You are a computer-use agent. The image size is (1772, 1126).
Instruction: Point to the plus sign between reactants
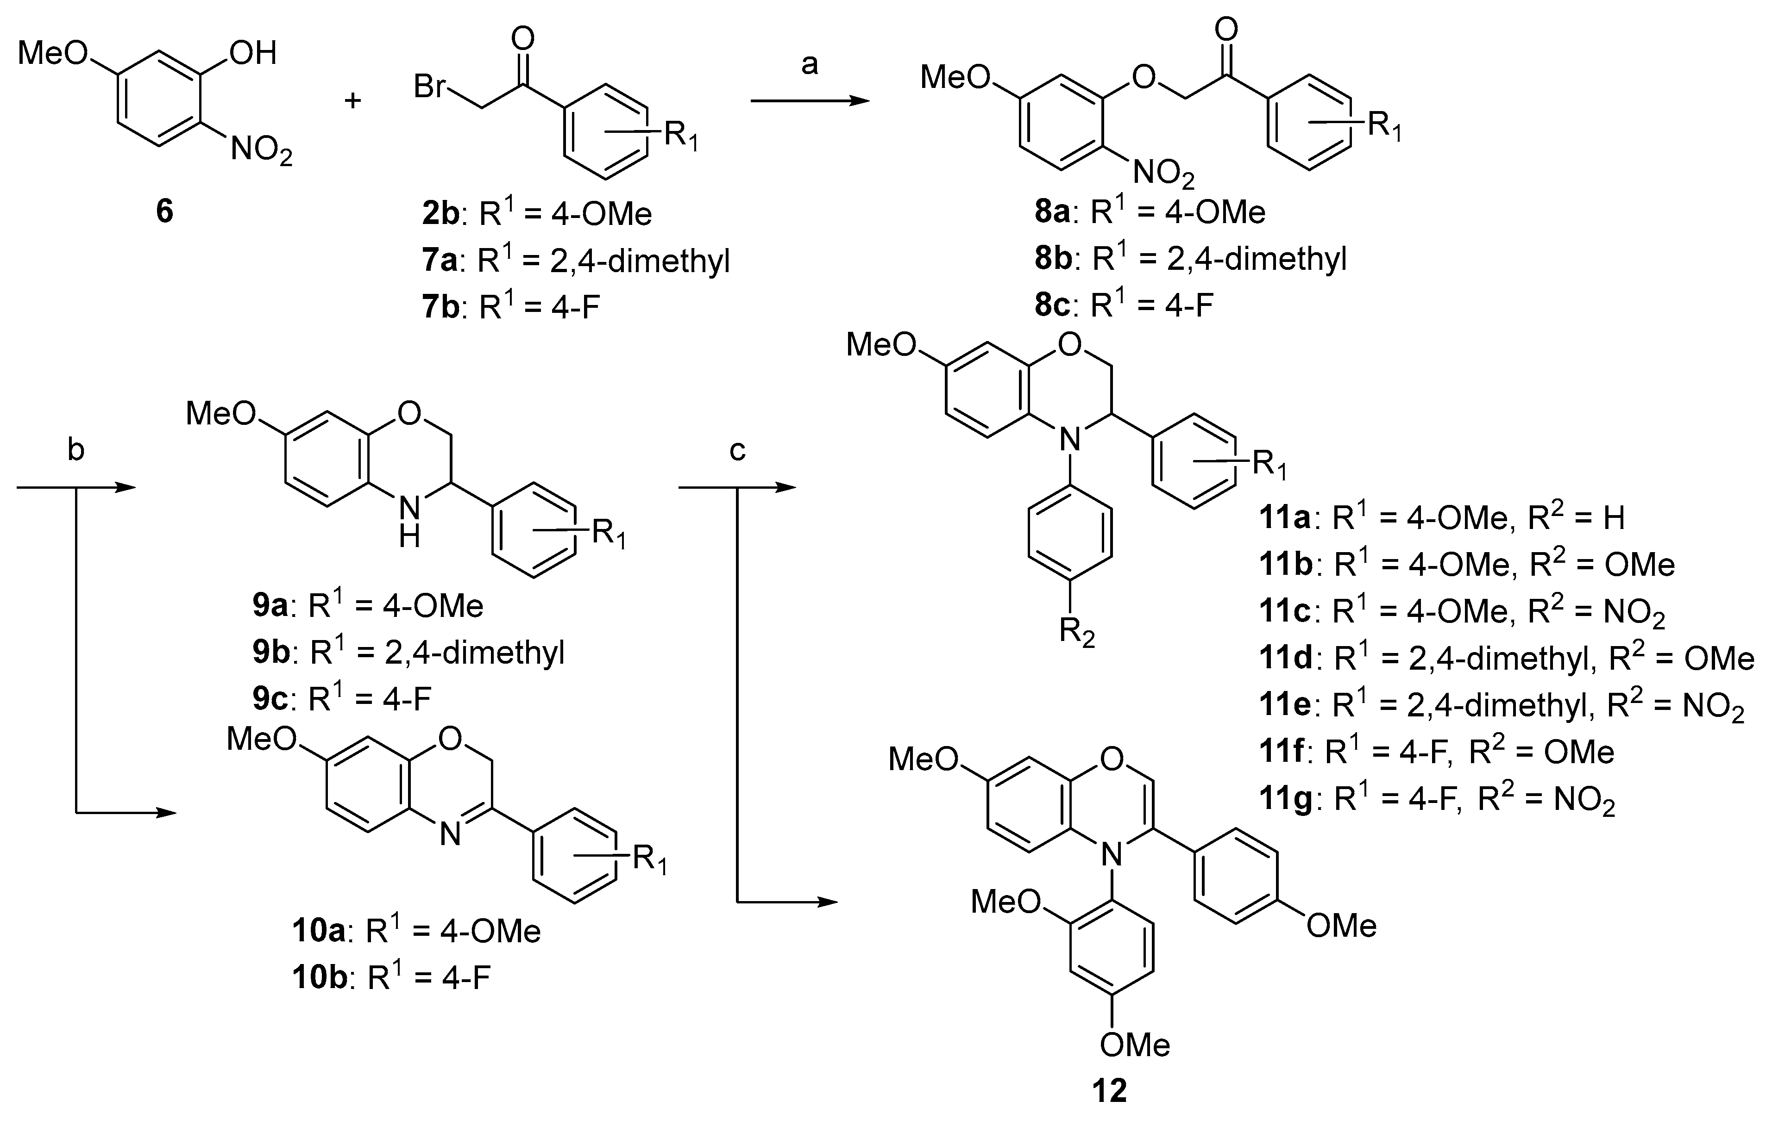tap(353, 100)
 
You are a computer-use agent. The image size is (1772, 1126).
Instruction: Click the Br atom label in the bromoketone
tap(430, 87)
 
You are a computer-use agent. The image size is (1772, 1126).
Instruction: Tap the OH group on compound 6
tap(252, 53)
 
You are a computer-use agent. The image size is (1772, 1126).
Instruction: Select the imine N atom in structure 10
tap(450, 835)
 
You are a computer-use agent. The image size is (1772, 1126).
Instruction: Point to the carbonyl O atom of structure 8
tap(1225, 30)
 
